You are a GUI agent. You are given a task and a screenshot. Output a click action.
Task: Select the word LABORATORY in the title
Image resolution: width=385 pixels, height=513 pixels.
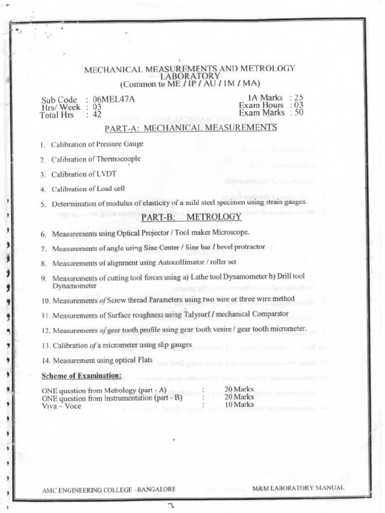point(189,76)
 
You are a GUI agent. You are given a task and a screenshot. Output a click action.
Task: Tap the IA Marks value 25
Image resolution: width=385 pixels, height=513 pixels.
point(299,98)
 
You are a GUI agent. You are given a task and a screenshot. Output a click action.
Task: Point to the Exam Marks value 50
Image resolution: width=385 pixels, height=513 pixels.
point(299,113)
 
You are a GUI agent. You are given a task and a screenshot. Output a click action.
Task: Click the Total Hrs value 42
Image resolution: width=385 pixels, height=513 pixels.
point(97,115)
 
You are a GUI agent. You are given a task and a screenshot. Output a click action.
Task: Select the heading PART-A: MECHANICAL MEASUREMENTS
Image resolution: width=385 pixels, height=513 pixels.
point(190,128)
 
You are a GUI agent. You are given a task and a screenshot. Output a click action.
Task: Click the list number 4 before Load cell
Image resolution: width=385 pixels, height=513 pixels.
point(43,189)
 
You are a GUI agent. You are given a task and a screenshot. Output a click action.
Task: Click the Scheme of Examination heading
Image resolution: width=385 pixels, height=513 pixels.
point(81,376)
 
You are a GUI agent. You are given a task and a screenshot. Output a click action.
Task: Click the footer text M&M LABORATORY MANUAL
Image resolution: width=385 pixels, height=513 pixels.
point(298,487)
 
